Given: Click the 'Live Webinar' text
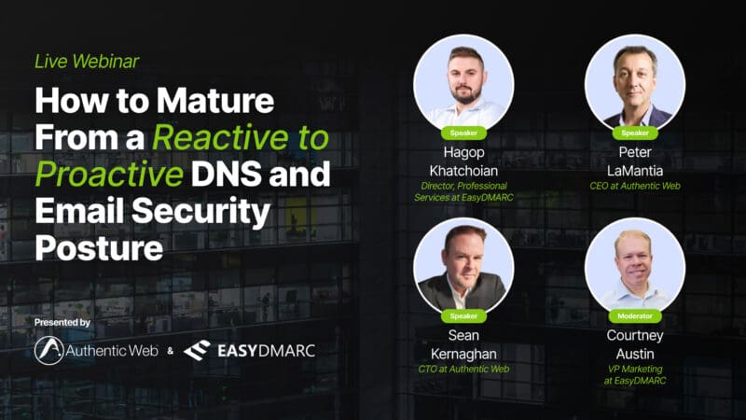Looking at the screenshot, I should click(x=87, y=62).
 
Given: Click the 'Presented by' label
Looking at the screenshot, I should click(x=62, y=322).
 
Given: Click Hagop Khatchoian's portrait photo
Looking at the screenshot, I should click(x=463, y=84).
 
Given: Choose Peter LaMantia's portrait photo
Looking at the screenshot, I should click(x=635, y=84).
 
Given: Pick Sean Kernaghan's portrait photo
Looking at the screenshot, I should click(x=463, y=267).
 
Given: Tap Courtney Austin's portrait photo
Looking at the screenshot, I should click(x=635, y=267).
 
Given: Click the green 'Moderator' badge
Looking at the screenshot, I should click(x=635, y=316).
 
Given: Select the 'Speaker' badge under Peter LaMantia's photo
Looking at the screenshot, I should click(x=635, y=133).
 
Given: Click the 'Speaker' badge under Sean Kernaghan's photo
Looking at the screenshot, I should click(x=463, y=316).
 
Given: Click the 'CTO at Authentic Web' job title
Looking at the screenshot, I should click(x=463, y=369).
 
